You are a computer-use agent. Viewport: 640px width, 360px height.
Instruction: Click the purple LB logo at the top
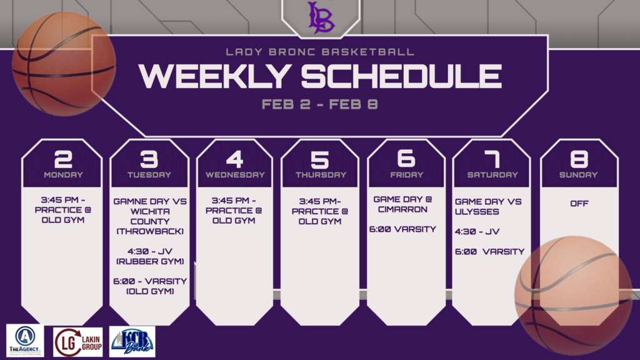coord(321,17)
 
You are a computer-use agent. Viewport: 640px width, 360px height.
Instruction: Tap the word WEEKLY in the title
coord(214,76)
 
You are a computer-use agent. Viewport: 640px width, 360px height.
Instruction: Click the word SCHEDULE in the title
coord(402,76)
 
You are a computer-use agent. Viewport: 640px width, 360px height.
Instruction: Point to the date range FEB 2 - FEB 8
coord(319,104)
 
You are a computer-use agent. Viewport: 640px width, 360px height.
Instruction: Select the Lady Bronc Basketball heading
coord(320,52)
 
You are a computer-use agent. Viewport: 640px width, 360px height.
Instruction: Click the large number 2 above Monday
coord(63,159)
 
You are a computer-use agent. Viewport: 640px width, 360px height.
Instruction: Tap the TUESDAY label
coord(149,175)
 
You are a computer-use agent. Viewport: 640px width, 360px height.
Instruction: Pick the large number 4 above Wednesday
coord(235,159)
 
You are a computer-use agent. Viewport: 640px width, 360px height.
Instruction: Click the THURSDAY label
coord(321,175)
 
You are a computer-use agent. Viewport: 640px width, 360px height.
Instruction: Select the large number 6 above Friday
coord(406,158)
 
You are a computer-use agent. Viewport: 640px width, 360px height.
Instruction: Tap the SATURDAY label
coord(492,175)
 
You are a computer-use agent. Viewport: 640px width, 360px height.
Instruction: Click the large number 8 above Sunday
coord(579,159)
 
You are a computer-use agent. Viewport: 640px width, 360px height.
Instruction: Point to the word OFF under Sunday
coord(579,203)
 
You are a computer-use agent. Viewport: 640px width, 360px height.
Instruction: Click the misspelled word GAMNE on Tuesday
coord(130,202)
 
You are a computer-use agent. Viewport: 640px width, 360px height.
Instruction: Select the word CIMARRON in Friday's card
coord(402,209)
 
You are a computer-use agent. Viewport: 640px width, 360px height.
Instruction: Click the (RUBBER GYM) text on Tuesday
coord(150,262)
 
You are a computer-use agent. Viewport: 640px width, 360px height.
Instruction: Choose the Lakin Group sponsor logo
coord(78,342)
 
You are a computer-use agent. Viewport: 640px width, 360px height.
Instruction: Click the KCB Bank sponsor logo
coord(132,342)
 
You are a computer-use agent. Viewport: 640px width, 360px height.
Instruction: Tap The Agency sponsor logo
coord(25,341)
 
